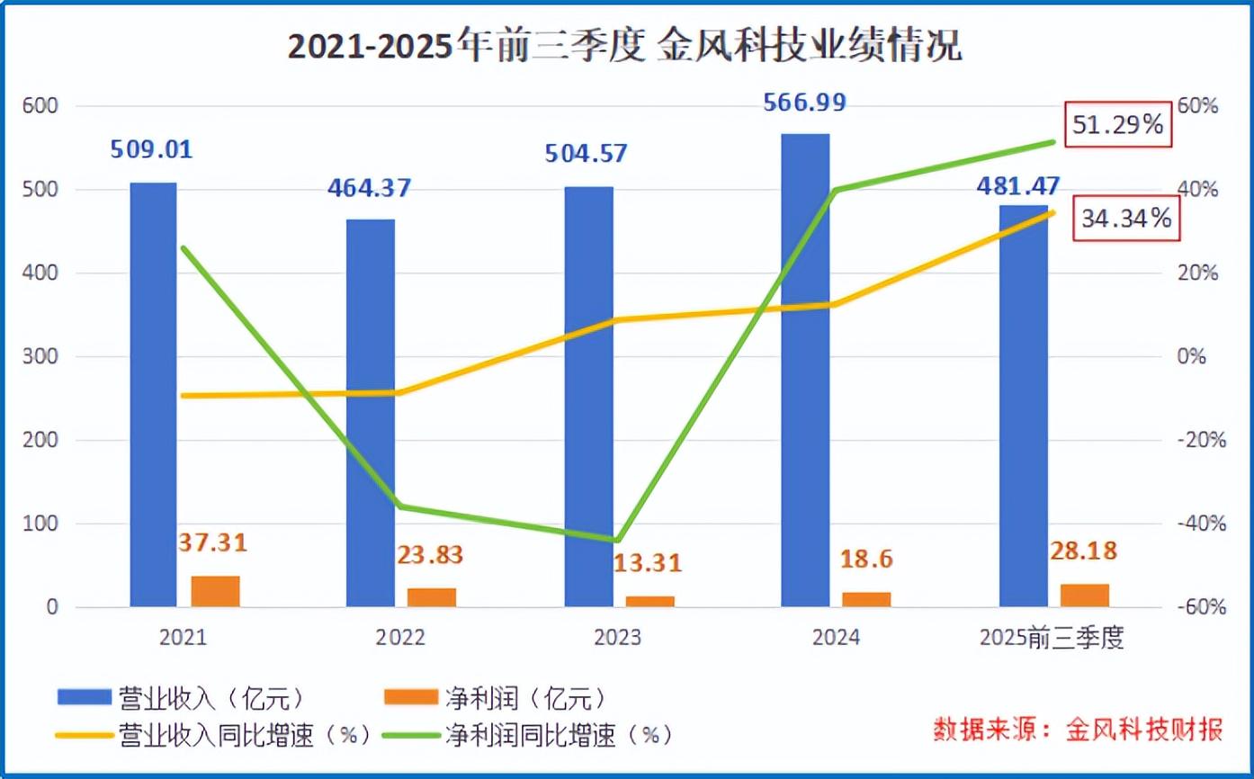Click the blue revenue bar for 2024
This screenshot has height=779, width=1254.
[805, 370]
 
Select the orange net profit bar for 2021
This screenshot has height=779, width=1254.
[215, 591]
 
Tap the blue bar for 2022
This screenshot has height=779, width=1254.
[371, 413]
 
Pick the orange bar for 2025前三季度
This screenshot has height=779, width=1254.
[1085, 595]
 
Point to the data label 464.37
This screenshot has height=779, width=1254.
[370, 189]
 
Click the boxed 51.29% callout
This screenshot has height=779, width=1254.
[1118, 125]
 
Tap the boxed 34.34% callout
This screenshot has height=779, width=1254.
[1126, 218]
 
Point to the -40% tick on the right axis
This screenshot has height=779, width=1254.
[1202, 524]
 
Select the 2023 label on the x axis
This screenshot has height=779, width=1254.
[618, 638]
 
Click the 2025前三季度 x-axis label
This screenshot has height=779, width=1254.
[1052, 638]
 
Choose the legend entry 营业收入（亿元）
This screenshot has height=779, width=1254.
[178, 697]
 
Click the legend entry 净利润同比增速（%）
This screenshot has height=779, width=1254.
[526, 735]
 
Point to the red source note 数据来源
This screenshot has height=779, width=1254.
[1077, 729]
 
